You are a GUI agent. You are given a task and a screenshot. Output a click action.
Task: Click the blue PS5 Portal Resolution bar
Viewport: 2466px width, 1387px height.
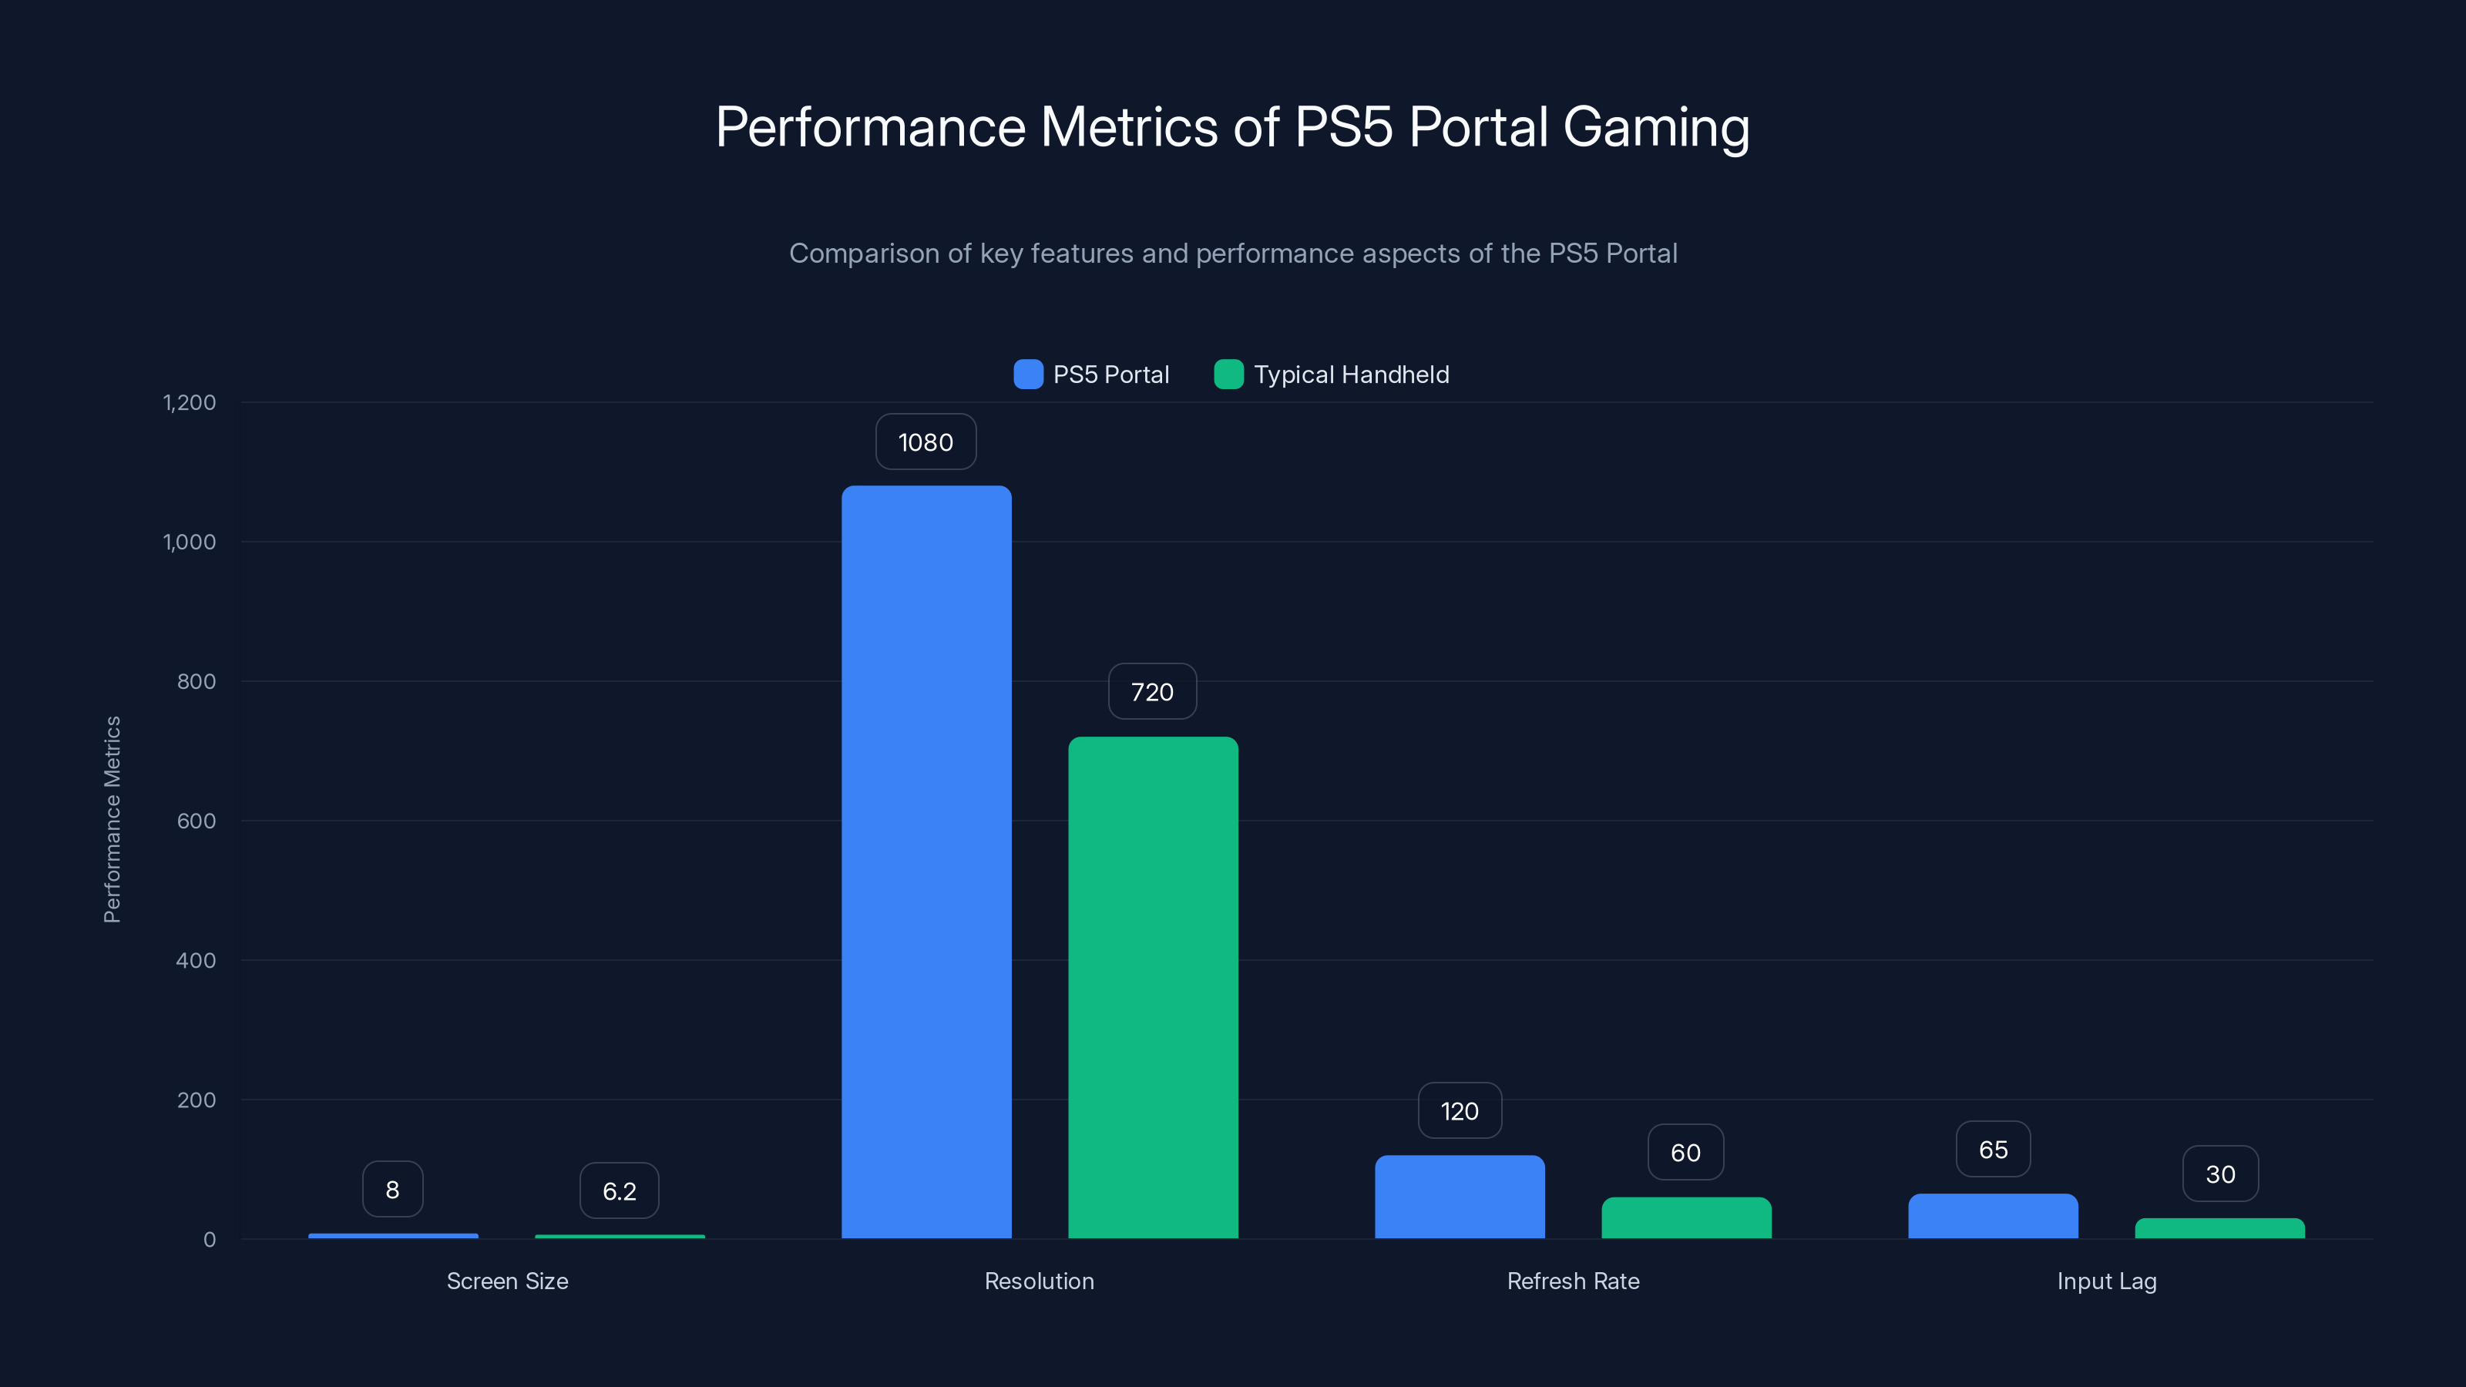(926, 861)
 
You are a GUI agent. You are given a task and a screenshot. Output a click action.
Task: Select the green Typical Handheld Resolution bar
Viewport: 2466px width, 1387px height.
(1153, 986)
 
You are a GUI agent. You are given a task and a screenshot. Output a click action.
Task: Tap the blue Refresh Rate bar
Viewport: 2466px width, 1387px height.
(1459, 1197)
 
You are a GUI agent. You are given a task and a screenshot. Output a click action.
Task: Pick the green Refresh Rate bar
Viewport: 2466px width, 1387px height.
(1686, 1217)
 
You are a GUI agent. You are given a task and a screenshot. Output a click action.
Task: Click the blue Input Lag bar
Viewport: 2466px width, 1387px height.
(1992, 1216)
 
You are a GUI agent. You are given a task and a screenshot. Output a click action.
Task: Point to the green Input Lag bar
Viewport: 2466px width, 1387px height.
(2219, 1228)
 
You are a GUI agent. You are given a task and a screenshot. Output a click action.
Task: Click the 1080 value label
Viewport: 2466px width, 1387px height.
(926, 442)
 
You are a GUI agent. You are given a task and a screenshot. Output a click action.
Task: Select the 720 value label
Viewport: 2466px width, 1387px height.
(1151, 692)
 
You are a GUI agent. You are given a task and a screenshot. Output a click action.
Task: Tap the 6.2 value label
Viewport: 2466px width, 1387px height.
(618, 1191)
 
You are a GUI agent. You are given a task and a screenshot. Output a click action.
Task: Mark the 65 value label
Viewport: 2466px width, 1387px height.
(1993, 1150)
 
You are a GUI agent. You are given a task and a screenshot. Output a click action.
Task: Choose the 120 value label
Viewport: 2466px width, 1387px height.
(1459, 1111)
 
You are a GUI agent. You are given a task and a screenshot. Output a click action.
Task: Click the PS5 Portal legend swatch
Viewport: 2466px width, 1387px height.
(1028, 374)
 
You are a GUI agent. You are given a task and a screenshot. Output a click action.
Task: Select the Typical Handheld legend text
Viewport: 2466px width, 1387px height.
(1351, 374)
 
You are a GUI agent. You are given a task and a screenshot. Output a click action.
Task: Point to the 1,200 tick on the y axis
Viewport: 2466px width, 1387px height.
(190, 402)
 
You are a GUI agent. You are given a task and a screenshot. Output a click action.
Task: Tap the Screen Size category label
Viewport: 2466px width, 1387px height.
(507, 1281)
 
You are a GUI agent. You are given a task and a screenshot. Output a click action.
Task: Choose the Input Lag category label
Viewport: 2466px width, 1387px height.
(2106, 1281)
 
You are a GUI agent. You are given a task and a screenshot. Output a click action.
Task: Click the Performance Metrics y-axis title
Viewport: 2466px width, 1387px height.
(112, 819)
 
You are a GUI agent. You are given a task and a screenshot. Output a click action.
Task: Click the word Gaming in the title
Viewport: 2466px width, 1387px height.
(1655, 126)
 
